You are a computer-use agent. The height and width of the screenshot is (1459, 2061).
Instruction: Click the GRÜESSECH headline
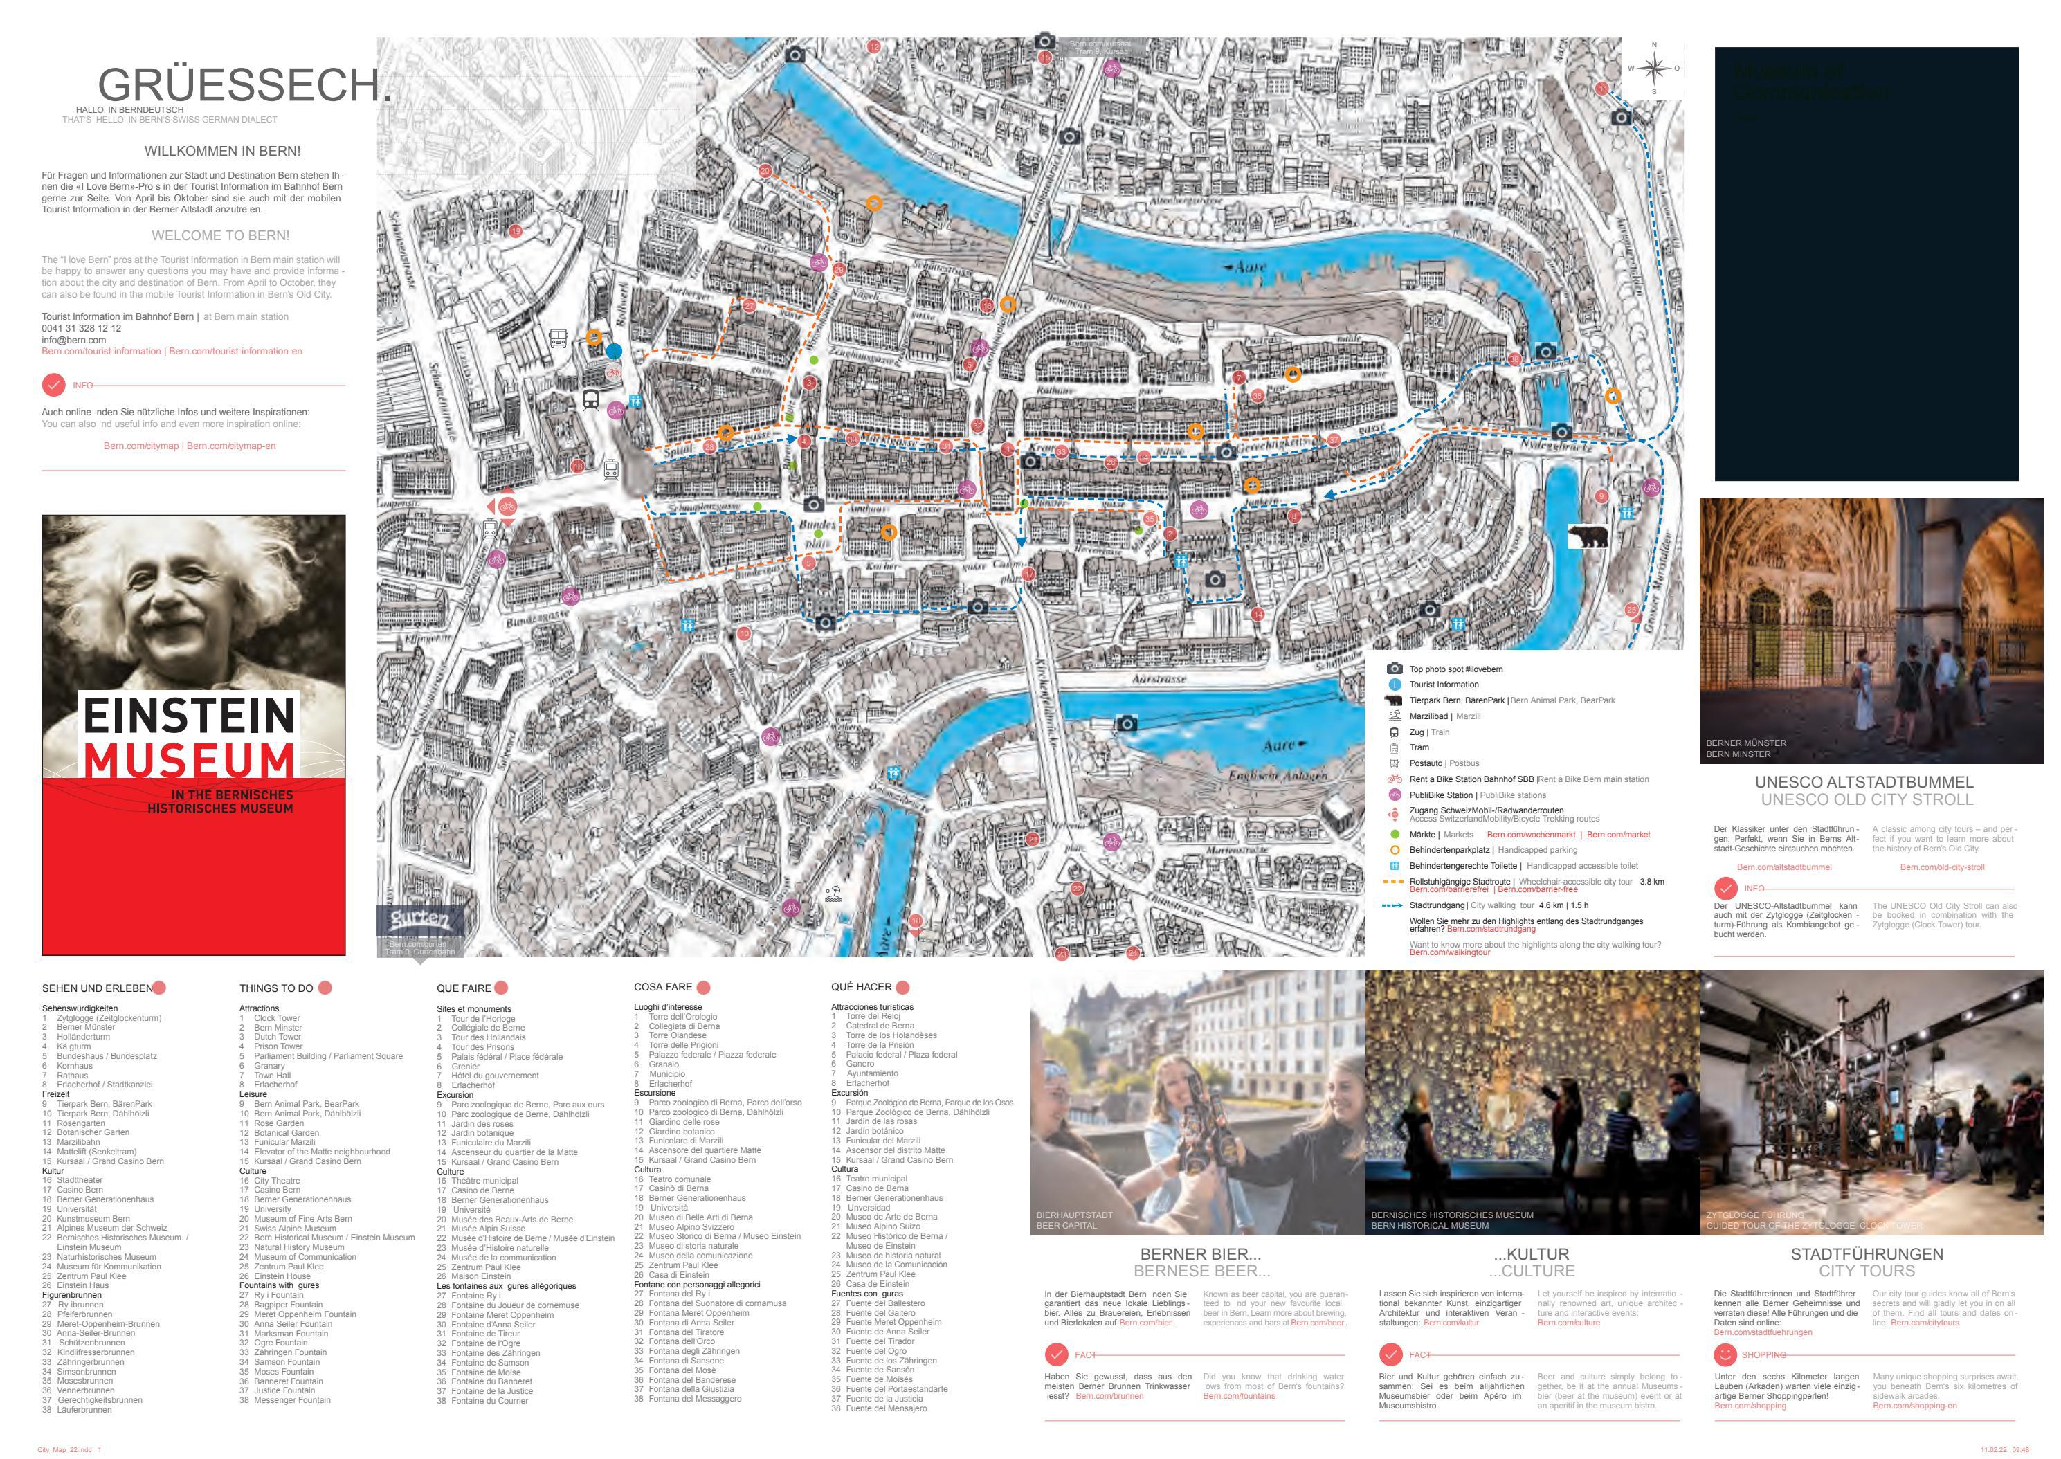tap(244, 85)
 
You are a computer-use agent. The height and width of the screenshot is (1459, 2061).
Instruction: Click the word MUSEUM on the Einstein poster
tap(189, 759)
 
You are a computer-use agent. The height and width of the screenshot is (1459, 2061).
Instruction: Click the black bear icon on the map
tap(1588, 537)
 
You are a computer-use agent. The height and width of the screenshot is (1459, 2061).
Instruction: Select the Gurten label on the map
tap(419, 919)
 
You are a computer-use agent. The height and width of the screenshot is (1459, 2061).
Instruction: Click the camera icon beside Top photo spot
tap(1395, 669)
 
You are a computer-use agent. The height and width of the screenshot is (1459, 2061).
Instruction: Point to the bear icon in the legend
tap(1395, 700)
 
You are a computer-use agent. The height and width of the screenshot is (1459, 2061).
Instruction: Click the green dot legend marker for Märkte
tap(1395, 835)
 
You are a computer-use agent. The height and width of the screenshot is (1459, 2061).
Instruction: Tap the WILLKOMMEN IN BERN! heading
tap(223, 151)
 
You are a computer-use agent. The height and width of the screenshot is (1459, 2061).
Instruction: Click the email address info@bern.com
tap(73, 341)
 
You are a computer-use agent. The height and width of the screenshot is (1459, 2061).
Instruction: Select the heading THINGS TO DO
tap(276, 988)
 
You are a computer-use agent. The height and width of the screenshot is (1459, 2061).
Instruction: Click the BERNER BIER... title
tap(1200, 1254)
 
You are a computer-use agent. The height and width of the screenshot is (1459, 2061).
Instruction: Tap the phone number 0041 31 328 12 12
tap(81, 329)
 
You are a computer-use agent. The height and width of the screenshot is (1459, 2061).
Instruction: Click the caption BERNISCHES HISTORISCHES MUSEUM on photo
tap(1452, 1215)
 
